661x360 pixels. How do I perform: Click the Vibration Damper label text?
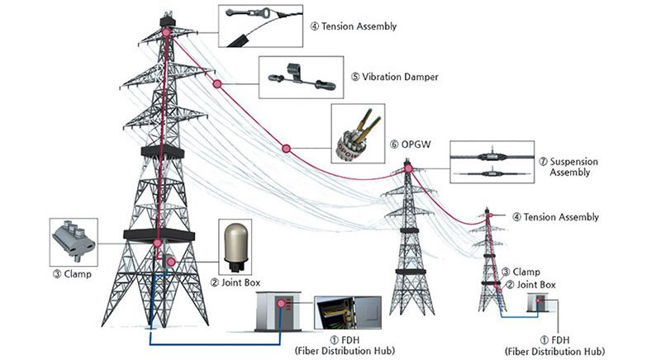pos(394,77)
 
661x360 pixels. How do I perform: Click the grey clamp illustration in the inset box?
pos(74,239)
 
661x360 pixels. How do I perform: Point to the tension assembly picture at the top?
pos(254,23)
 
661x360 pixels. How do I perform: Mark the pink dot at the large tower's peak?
pos(165,31)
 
